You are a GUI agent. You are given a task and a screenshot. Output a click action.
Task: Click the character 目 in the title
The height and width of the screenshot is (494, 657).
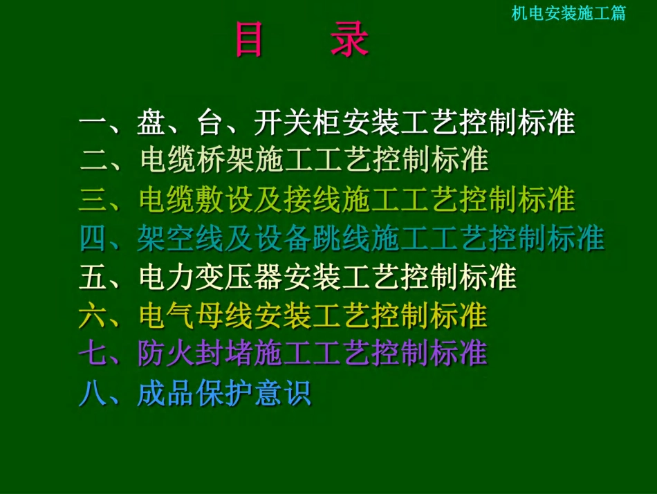tap(249, 40)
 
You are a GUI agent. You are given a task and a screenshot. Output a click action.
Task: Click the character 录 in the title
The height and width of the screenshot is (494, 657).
tap(349, 40)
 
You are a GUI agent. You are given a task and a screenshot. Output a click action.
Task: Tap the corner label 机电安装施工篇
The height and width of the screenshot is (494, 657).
tap(568, 13)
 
